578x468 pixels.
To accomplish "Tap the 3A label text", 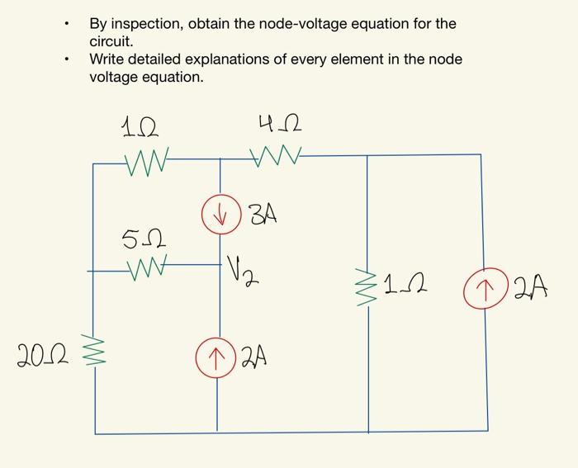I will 263,216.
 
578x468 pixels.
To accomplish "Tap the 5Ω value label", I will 140,240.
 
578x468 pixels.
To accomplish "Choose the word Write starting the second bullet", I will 108,59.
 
